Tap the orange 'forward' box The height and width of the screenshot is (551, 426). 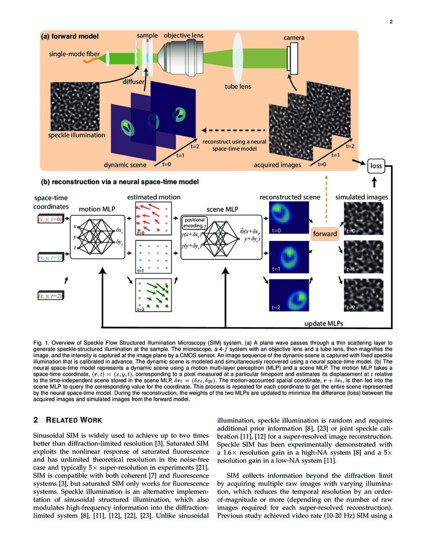[x=325, y=233]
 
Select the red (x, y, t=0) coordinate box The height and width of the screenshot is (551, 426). [x=49, y=219]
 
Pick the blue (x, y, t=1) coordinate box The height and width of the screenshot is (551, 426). [x=49, y=257]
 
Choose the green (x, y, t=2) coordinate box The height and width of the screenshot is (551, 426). [x=49, y=296]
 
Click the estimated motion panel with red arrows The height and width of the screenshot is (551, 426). [x=153, y=219]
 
